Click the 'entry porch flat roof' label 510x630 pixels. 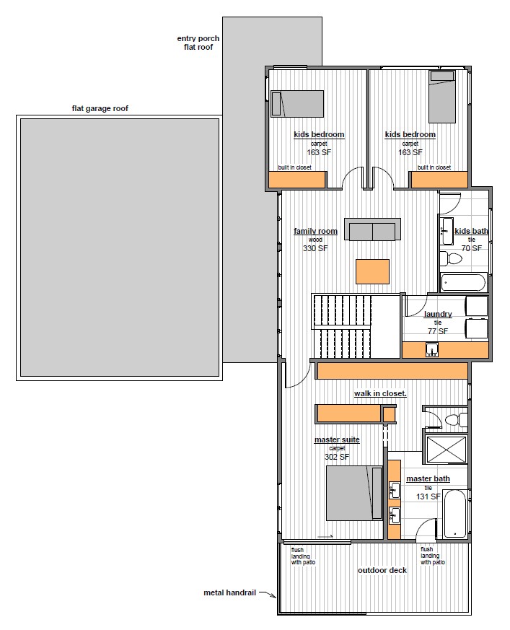(198, 43)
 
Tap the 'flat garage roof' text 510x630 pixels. (100, 108)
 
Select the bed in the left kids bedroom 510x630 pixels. (297, 104)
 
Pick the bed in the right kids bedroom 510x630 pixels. (442, 97)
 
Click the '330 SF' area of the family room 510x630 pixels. (315, 248)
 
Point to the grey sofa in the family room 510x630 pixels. (372, 229)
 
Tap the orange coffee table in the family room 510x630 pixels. (373, 271)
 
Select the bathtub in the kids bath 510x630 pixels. (464, 282)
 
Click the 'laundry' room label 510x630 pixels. (438, 314)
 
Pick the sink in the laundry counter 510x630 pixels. (432, 350)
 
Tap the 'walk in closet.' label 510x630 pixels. (380, 394)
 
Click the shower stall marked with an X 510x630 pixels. (447, 449)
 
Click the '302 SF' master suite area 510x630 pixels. (337, 457)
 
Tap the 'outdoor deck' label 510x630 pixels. (382, 570)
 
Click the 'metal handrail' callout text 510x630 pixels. (229, 592)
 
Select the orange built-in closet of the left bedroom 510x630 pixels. (296, 180)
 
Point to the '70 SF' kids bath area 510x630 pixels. (472, 248)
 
